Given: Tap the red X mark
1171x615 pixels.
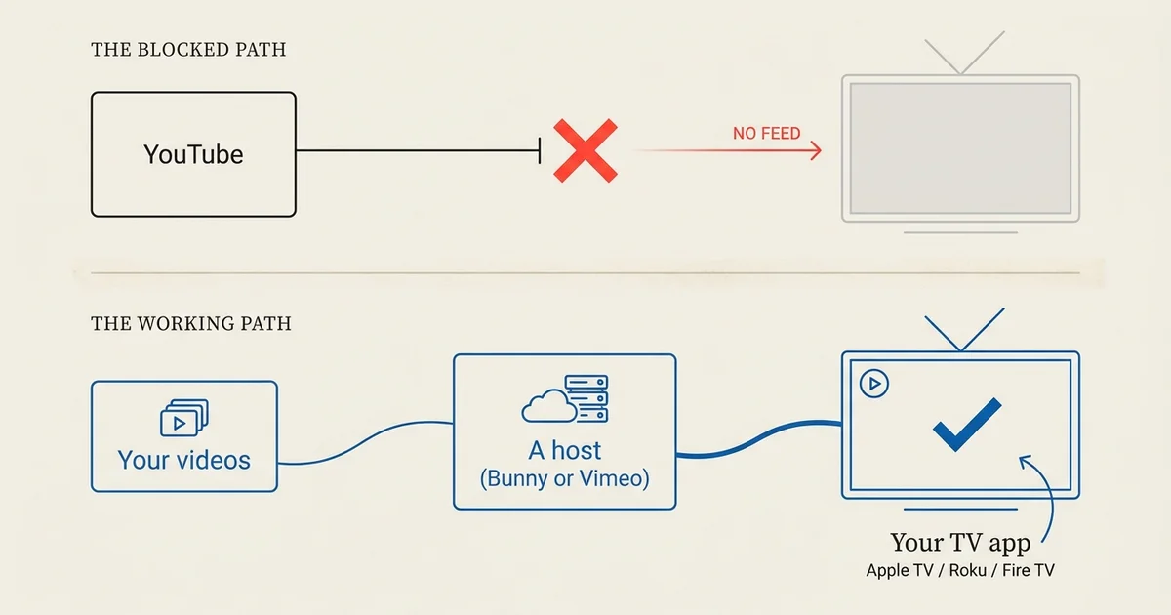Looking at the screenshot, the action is click(x=585, y=150).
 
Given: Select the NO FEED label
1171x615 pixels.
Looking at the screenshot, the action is click(x=766, y=134).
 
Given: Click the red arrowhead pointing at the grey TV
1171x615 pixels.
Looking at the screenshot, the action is click(x=816, y=150).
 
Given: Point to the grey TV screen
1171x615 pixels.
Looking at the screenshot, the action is click(x=960, y=148).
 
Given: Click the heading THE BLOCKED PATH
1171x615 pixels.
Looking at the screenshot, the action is click(x=188, y=50).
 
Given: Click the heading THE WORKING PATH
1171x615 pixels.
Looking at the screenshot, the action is click(x=191, y=324).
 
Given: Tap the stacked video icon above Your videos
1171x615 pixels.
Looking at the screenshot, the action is click(x=184, y=418).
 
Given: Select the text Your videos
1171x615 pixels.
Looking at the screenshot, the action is click(x=184, y=460).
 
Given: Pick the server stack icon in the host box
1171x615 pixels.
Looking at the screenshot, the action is click(x=587, y=398).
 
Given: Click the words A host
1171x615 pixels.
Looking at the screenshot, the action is click(x=565, y=450).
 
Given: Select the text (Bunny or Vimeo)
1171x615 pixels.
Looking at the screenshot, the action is click(x=565, y=478).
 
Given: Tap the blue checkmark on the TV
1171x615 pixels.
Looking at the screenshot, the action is click(x=967, y=425).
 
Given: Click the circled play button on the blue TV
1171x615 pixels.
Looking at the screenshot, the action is click(x=874, y=384).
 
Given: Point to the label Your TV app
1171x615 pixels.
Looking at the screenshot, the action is click(x=960, y=543).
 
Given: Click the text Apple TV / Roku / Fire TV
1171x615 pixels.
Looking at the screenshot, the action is click(x=960, y=570).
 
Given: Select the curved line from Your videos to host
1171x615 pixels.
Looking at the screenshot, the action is click(x=365, y=442).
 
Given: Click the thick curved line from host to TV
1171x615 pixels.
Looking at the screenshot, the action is click(x=758, y=438).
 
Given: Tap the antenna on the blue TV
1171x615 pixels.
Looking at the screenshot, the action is click(x=961, y=349).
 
